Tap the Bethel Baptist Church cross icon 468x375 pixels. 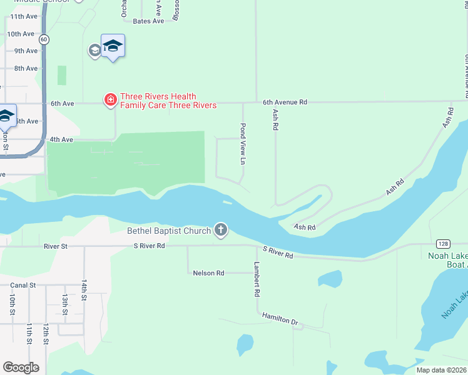[220, 231]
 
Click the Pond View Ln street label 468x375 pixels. [243, 144]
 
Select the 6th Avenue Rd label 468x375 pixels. [285, 102]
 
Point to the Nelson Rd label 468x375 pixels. [208, 273]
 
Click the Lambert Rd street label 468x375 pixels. [257, 279]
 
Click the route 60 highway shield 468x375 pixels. [43, 39]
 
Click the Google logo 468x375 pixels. [21, 367]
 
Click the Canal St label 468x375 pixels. [23, 285]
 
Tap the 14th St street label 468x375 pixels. [84, 290]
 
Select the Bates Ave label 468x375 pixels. [148, 21]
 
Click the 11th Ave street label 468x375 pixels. [24, 16]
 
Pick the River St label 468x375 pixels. [55, 246]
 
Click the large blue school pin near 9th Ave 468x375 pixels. [113, 46]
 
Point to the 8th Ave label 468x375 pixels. [26, 68]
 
